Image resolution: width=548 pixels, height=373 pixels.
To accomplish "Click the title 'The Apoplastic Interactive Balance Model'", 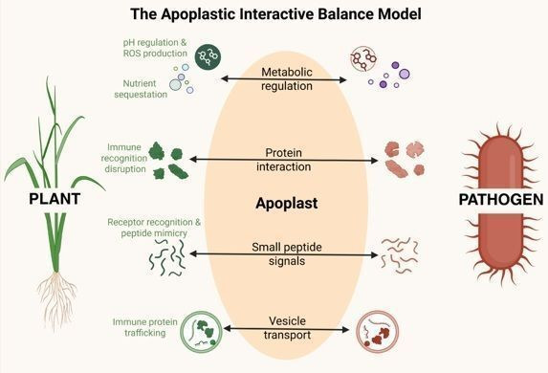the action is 275,14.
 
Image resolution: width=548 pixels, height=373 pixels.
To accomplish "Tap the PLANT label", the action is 55,199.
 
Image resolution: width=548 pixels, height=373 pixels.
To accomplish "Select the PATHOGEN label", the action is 501,199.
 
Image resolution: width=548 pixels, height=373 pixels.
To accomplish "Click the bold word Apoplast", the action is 287,203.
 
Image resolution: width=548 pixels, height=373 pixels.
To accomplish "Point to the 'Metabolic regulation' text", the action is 287,79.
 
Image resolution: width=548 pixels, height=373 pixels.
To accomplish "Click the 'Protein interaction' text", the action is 283,160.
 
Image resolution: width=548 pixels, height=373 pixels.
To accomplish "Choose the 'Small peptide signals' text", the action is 287,254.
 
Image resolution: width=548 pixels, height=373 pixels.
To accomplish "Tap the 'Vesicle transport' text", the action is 287,328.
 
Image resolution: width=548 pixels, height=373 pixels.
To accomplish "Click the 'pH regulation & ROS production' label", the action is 155,48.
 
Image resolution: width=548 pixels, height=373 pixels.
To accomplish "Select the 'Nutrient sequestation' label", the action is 141,89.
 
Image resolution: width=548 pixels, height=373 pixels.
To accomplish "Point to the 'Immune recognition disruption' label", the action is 124,158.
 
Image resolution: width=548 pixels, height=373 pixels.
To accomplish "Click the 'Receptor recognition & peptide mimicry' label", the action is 154,228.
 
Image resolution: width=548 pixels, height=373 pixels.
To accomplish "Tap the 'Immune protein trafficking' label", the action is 145,327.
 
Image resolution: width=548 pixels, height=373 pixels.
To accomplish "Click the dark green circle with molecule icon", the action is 208,55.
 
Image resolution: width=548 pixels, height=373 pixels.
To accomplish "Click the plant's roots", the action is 57,300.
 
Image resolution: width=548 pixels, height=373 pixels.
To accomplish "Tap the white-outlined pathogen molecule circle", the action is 363,58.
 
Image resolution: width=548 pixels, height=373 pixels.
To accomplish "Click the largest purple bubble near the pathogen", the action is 404,74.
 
